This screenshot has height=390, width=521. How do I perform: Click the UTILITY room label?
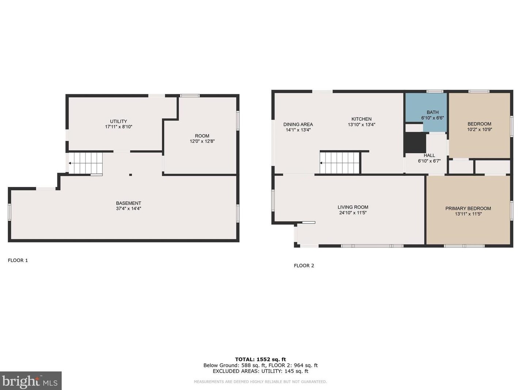[118, 121]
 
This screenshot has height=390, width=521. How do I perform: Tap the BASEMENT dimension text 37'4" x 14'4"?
[128, 209]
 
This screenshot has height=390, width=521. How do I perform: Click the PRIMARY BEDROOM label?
[468, 209]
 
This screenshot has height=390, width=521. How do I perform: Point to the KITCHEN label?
[361, 119]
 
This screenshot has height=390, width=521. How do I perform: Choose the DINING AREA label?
[298, 124]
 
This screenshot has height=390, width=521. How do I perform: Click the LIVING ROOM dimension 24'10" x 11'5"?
[353, 213]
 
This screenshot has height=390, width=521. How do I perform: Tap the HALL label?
[429, 155]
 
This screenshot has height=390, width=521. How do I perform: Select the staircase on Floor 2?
[339, 163]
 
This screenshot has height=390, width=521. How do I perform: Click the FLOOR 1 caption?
[18, 260]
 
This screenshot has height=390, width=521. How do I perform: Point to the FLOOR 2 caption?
[304, 266]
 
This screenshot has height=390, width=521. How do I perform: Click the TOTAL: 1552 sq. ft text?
[260, 359]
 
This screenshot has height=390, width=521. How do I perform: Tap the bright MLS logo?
[30, 381]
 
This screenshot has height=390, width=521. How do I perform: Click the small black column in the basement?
[130, 175]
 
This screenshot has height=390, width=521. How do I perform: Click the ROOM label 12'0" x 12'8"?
[202, 139]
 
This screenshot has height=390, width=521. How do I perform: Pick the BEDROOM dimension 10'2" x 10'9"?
[479, 130]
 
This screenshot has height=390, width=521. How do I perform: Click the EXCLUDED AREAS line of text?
[260, 371]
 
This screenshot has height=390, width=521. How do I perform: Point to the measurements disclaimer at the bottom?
[260, 382]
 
